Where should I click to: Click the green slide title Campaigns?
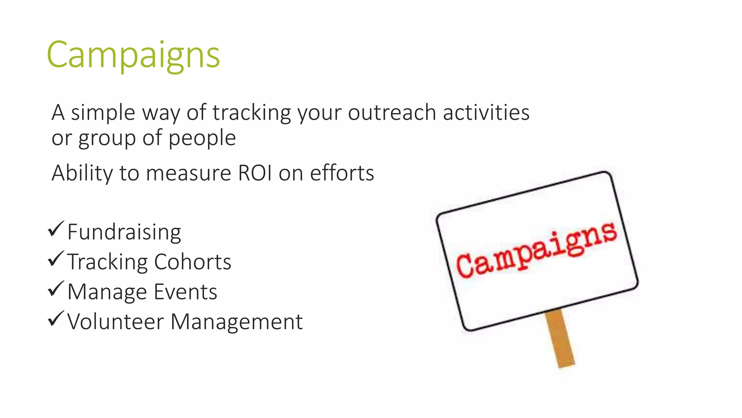(133, 55)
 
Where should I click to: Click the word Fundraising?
(124, 233)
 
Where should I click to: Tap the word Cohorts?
(193, 262)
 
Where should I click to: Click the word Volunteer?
(116, 322)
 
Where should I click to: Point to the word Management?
(236, 322)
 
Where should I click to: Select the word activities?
(486, 112)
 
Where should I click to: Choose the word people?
(202, 139)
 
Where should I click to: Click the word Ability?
(82, 173)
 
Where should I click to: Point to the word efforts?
(342, 173)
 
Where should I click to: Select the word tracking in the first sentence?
(251, 113)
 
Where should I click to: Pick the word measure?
(188, 173)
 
